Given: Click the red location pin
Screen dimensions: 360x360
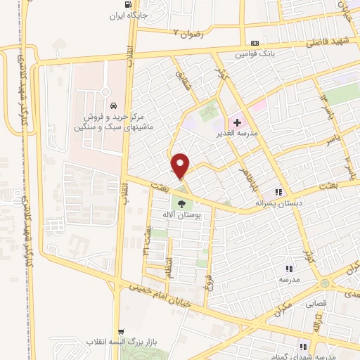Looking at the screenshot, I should (181, 165).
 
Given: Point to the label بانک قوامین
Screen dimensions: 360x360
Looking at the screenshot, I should (254, 53).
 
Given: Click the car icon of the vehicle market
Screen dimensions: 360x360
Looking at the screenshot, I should (113, 105).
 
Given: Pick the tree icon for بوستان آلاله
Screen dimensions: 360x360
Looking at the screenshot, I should (181, 205).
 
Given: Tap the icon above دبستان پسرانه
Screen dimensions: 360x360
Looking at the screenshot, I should (279, 191).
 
